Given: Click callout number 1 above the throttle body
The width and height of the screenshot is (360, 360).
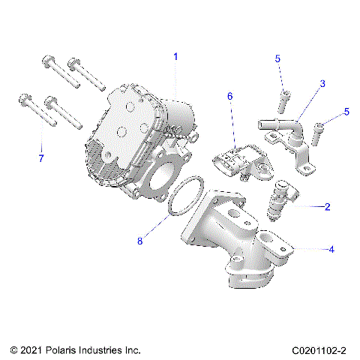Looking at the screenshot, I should click(x=175, y=56).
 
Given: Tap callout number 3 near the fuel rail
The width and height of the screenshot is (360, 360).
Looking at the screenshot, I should click(x=322, y=84).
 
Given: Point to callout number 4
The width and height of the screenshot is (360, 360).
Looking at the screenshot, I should click(x=331, y=250).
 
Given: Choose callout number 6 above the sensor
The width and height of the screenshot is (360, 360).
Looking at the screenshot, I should click(x=230, y=96).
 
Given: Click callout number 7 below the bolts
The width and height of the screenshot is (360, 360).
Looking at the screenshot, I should click(x=41, y=158).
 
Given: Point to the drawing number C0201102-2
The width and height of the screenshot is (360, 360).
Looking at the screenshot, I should click(x=319, y=350).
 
